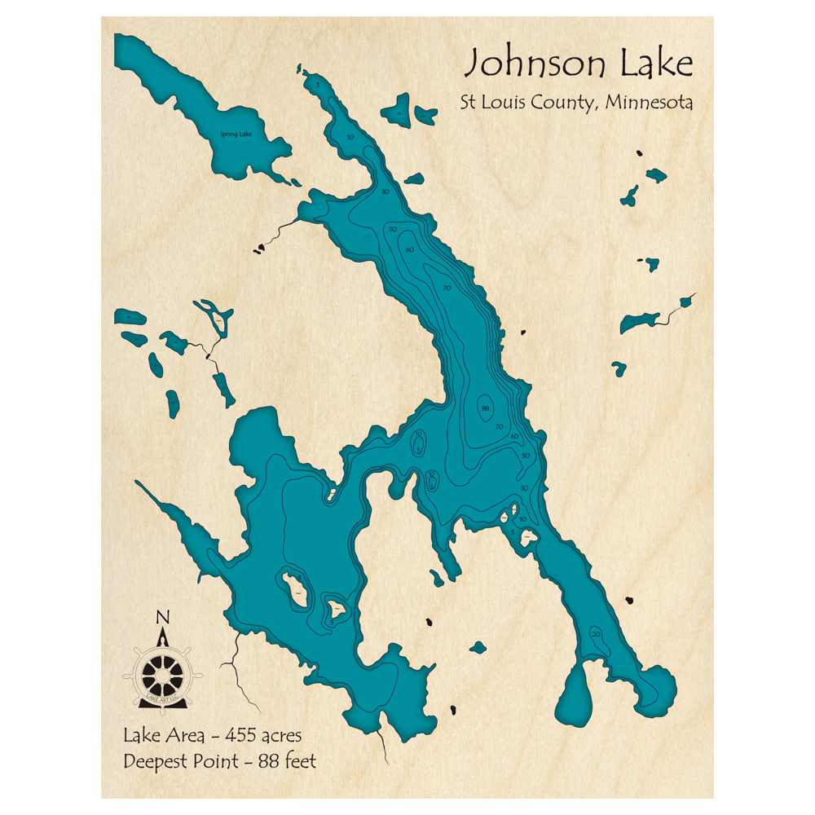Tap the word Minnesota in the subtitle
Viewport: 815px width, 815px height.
(649, 104)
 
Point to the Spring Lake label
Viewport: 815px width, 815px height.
(235, 134)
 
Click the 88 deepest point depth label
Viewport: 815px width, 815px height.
(486, 407)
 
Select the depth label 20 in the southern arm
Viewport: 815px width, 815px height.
(597, 634)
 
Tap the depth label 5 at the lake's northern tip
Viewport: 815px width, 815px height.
(319, 85)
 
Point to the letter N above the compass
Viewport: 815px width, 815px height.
(162, 616)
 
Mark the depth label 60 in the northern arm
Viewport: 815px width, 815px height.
(410, 249)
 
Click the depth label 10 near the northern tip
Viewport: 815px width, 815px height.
(350, 137)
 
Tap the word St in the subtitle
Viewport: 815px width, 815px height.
(467, 104)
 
